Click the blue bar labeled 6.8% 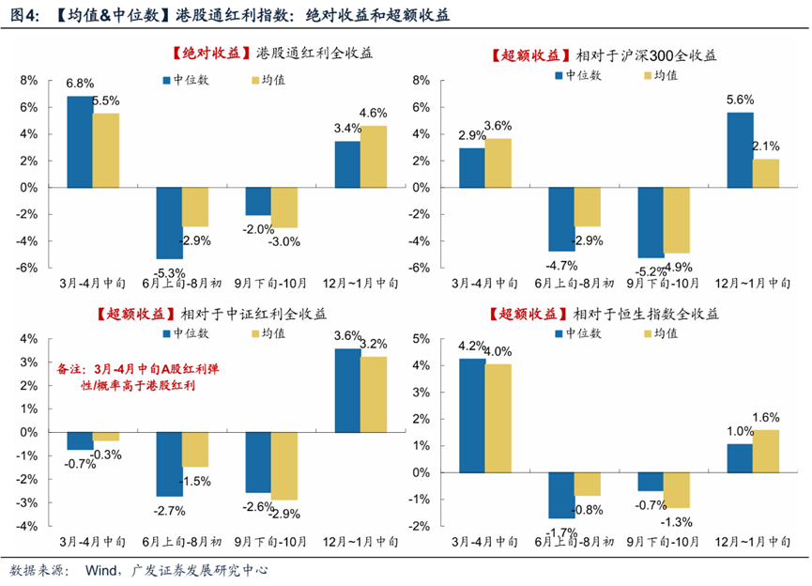(80, 141)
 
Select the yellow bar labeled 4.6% (374, 156)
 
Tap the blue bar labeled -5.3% (169, 223)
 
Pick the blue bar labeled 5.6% (740, 149)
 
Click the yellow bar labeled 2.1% (767, 173)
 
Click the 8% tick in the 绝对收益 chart (28, 80)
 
